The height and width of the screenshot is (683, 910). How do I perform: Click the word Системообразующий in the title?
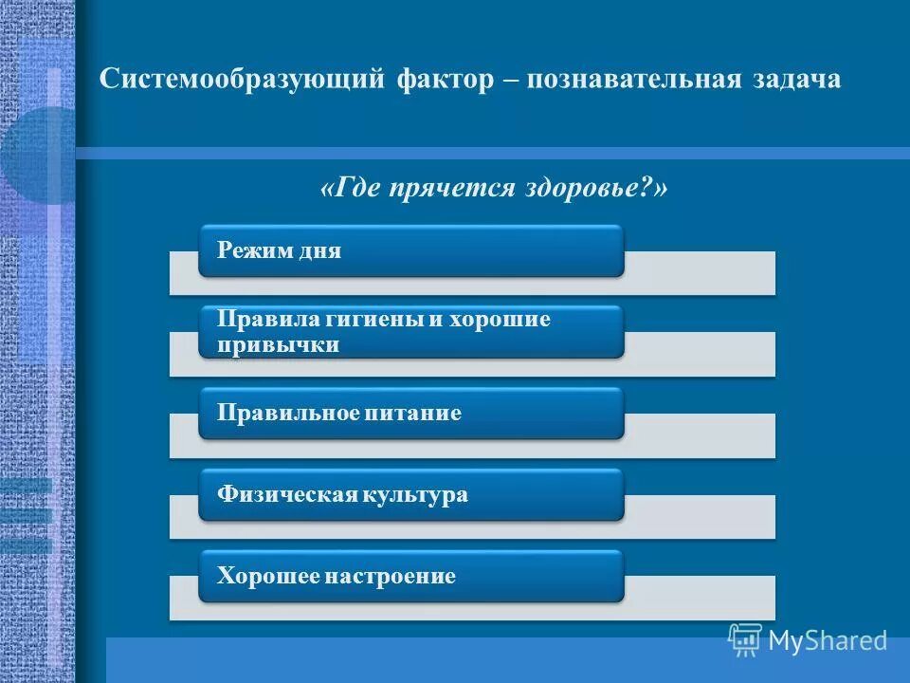[x=242, y=80]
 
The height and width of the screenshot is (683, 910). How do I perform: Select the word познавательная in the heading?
[x=630, y=80]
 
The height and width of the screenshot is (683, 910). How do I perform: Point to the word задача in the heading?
[x=795, y=80]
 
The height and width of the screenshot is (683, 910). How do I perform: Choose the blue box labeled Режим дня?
[x=410, y=251]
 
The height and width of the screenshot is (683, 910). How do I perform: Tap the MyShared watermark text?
[x=828, y=640]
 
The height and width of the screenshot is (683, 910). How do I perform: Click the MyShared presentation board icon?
[x=745, y=639]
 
